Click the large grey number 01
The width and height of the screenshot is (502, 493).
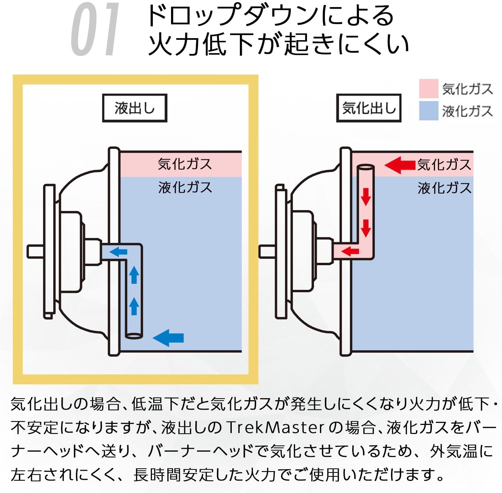pos(96,29)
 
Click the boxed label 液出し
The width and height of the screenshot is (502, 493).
pos(135,108)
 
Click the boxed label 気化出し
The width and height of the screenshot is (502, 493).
pos(369,108)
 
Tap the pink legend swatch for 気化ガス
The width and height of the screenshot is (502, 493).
pos(428,88)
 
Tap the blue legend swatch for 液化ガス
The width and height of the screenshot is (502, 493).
pos(428,111)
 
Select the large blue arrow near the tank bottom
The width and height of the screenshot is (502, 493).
pos(168,338)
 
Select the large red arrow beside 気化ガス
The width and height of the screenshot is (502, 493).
pos(400,165)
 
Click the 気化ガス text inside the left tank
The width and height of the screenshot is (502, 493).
pos(185,164)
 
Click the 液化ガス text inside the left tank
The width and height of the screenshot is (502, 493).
pos(185,187)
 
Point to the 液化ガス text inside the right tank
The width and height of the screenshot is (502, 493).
pos(444,188)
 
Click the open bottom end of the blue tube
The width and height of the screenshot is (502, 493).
pos(134,336)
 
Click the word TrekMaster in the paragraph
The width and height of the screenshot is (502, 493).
pos(275,428)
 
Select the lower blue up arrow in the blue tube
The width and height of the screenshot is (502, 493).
pos(134,306)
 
